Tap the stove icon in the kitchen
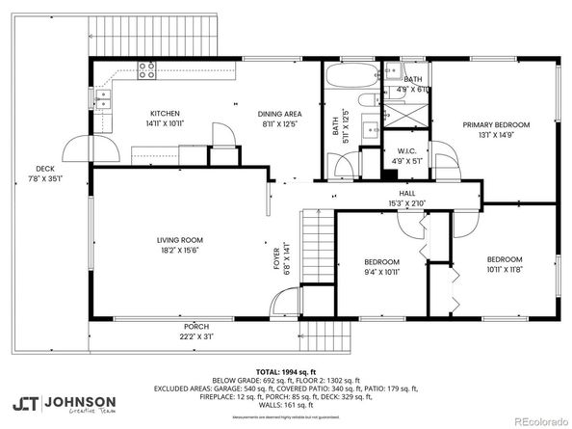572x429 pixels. (x=147, y=69)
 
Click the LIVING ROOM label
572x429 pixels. (x=180, y=240)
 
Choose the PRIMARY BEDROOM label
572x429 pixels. (x=496, y=124)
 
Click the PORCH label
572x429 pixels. (x=196, y=327)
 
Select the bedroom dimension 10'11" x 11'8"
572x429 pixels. (x=504, y=270)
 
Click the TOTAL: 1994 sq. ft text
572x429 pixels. (x=283, y=371)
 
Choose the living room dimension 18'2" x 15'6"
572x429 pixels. (x=180, y=251)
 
